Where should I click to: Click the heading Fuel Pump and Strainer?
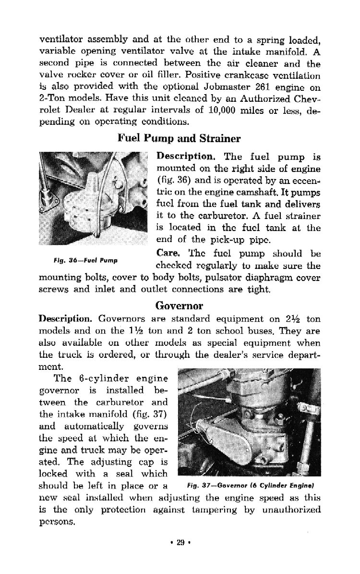coord(179,139)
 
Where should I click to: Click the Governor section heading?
coord(179,305)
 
